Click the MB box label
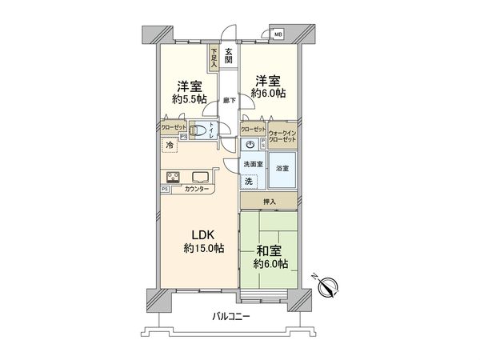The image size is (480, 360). (x=278, y=35)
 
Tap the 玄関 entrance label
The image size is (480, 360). (x=229, y=58)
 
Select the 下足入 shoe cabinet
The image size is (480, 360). (x=214, y=58)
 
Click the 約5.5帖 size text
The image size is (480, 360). (x=188, y=100)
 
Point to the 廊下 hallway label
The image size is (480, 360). (x=229, y=101)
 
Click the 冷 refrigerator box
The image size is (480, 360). (x=170, y=146)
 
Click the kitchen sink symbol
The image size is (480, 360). (x=199, y=176)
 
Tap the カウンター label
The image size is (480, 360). (x=197, y=189)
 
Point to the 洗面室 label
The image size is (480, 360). (x=253, y=164)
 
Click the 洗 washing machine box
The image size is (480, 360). (x=249, y=181)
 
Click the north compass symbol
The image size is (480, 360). (x=331, y=284)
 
